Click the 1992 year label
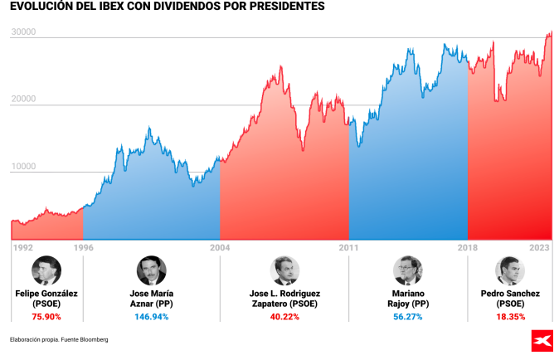point(22,246)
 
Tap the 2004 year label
point(220,246)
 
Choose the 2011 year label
point(348,246)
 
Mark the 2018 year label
point(468,246)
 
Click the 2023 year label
point(539,246)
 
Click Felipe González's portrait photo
point(46,271)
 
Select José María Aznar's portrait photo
point(151,271)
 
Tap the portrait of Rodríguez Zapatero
point(284,271)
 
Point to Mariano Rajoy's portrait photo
point(407,271)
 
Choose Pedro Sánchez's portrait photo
point(510,271)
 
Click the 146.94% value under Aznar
point(151,317)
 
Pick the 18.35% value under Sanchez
point(510,317)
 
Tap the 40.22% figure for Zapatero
point(284,317)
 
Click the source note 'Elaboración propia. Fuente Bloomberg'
point(59,339)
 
